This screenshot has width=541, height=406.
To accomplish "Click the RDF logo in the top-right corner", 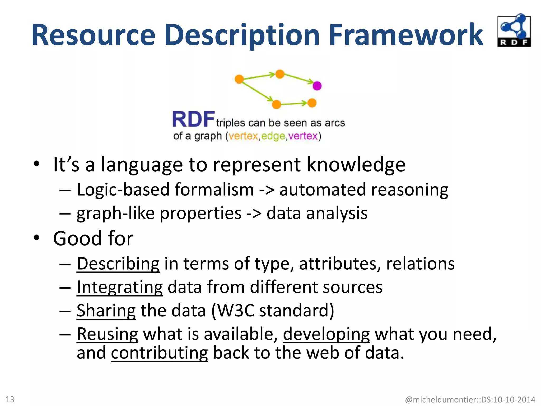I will (x=514, y=31).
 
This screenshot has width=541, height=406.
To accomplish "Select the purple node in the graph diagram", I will (x=317, y=86).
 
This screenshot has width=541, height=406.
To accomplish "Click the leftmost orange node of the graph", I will (x=239, y=79).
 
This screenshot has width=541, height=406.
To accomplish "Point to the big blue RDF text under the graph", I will (x=193, y=119).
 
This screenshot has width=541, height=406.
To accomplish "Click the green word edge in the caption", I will (x=273, y=136).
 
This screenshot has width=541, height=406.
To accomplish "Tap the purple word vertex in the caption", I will (x=303, y=136).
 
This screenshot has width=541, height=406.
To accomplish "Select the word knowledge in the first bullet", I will (x=356, y=165).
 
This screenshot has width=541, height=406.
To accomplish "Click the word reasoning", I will (x=410, y=190).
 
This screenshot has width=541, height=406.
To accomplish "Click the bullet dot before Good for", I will (x=36, y=238).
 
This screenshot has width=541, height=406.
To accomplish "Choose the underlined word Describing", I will (x=118, y=264).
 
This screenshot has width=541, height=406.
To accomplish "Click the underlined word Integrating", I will (x=120, y=287).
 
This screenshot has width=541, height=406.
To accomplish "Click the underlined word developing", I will (x=326, y=334).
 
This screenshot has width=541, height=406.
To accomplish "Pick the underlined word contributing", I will (x=159, y=353).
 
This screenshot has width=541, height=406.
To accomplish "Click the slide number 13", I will (x=10, y=399).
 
